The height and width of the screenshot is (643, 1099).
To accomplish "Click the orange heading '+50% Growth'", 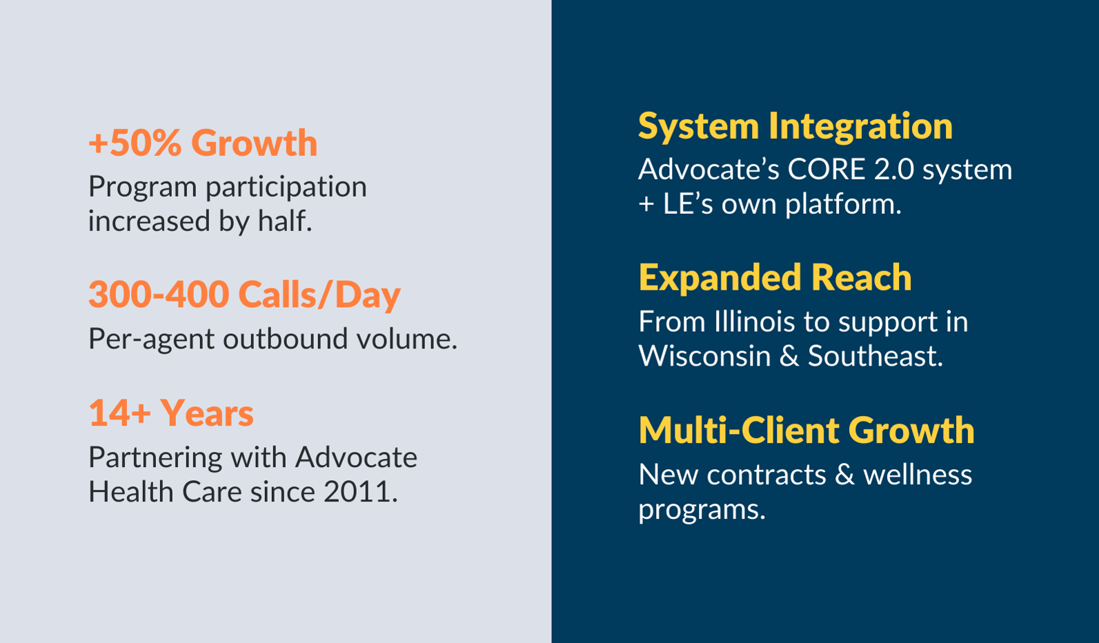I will pos(203,143).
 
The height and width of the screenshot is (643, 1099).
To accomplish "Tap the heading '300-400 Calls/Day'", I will pos(244,295).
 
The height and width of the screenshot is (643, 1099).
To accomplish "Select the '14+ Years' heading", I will pos(170,413).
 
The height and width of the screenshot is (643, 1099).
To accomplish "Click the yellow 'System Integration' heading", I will pos(795,126).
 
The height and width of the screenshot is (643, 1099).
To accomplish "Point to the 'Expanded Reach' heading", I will pos(775,278).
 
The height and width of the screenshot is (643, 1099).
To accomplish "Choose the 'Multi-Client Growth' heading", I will pos(806,431).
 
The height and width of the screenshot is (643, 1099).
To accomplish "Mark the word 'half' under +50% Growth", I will pos(281,221).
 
